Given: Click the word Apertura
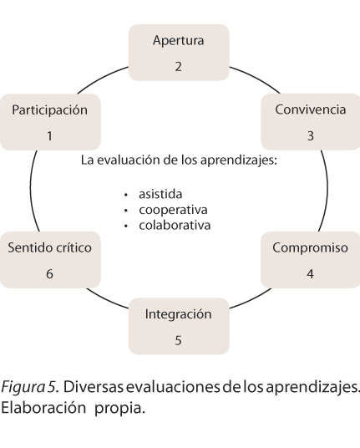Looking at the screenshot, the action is click(x=179, y=41).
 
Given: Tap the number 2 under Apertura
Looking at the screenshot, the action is click(x=179, y=67).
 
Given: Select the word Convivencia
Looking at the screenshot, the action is click(x=311, y=109).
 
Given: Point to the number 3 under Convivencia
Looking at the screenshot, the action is click(x=311, y=135).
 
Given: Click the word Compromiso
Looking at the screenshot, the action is click(x=310, y=247).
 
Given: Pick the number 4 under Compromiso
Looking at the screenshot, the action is click(x=311, y=273).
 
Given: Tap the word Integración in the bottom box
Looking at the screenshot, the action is click(x=179, y=314).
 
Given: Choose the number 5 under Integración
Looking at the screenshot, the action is click(x=178, y=340).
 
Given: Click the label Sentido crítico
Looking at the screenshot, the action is click(x=49, y=247).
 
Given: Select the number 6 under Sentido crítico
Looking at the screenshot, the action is click(x=49, y=273).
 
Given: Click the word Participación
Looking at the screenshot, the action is click(x=49, y=110).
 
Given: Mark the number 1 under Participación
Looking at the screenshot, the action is click(x=49, y=135).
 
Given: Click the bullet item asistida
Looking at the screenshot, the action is click(x=160, y=194).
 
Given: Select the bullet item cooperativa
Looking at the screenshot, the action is click(x=173, y=211).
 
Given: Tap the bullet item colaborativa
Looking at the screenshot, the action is click(x=175, y=225).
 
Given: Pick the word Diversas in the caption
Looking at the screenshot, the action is click(x=94, y=387).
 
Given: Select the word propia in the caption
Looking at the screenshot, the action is click(x=119, y=409).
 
